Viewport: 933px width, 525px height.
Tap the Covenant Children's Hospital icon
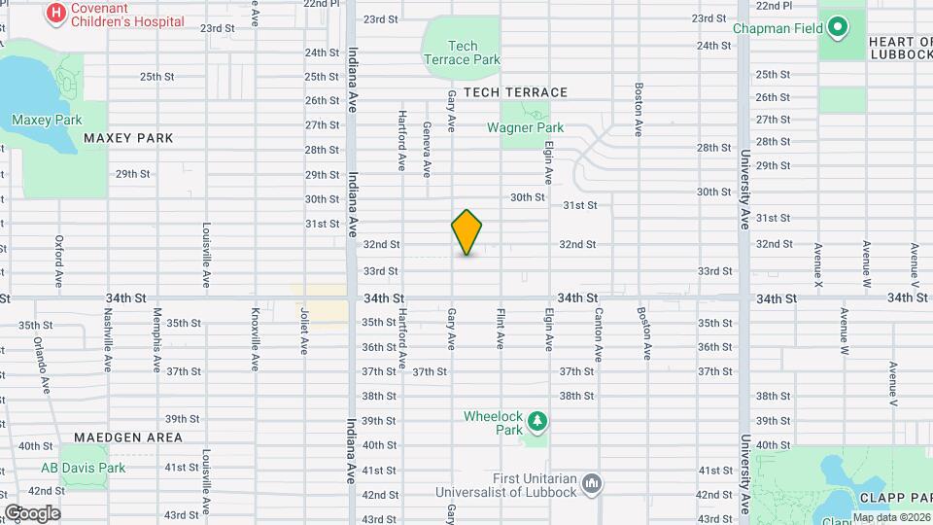coord(56,13)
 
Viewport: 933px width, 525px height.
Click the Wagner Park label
coord(525,127)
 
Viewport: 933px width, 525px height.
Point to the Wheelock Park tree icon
coord(536,422)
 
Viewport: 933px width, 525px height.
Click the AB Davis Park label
coord(83,468)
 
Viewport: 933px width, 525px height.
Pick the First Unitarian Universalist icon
coord(593,483)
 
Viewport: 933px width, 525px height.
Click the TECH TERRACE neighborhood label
coord(515,92)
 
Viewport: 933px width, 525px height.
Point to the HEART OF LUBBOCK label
coord(899,48)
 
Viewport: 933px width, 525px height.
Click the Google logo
coord(32,512)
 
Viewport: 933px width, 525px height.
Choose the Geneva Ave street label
coord(427,149)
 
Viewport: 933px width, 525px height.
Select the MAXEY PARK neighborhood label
coord(128,138)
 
